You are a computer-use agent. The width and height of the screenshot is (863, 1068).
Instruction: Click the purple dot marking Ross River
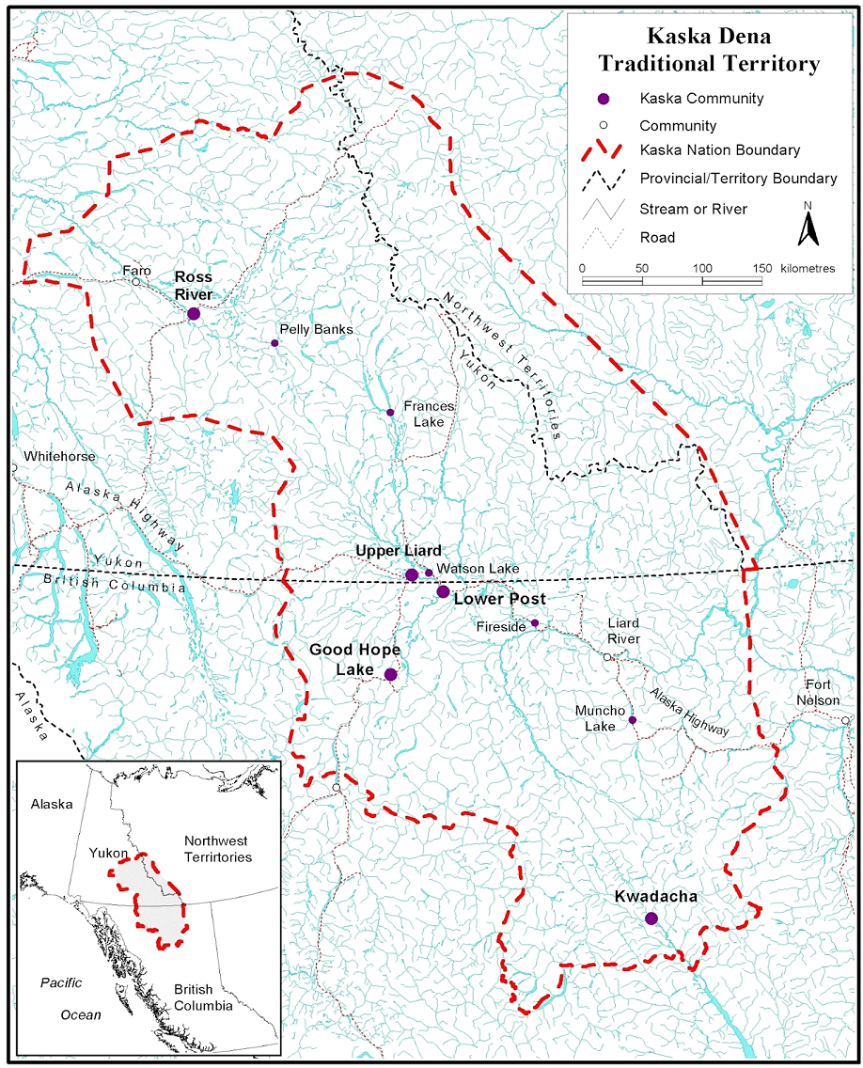tap(194, 313)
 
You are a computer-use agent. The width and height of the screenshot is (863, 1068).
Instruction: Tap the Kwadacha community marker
tap(651, 919)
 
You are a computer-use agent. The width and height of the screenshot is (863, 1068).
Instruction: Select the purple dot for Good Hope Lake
tap(391, 674)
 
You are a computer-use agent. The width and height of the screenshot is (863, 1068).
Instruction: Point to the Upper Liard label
tap(398, 551)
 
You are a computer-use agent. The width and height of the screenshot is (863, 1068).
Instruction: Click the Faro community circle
tap(135, 282)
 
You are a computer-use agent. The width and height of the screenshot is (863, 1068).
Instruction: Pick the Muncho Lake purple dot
tap(632, 720)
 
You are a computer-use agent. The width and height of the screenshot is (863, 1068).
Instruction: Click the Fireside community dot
tap(534, 622)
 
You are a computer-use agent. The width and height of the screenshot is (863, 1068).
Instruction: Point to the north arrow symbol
tap(806, 225)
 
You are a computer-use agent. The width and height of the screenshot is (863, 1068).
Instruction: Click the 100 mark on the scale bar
tap(702, 268)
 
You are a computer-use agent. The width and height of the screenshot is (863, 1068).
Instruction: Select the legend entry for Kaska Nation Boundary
tap(719, 150)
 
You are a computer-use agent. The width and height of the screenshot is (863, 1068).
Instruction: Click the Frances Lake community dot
tap(390, 412)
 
